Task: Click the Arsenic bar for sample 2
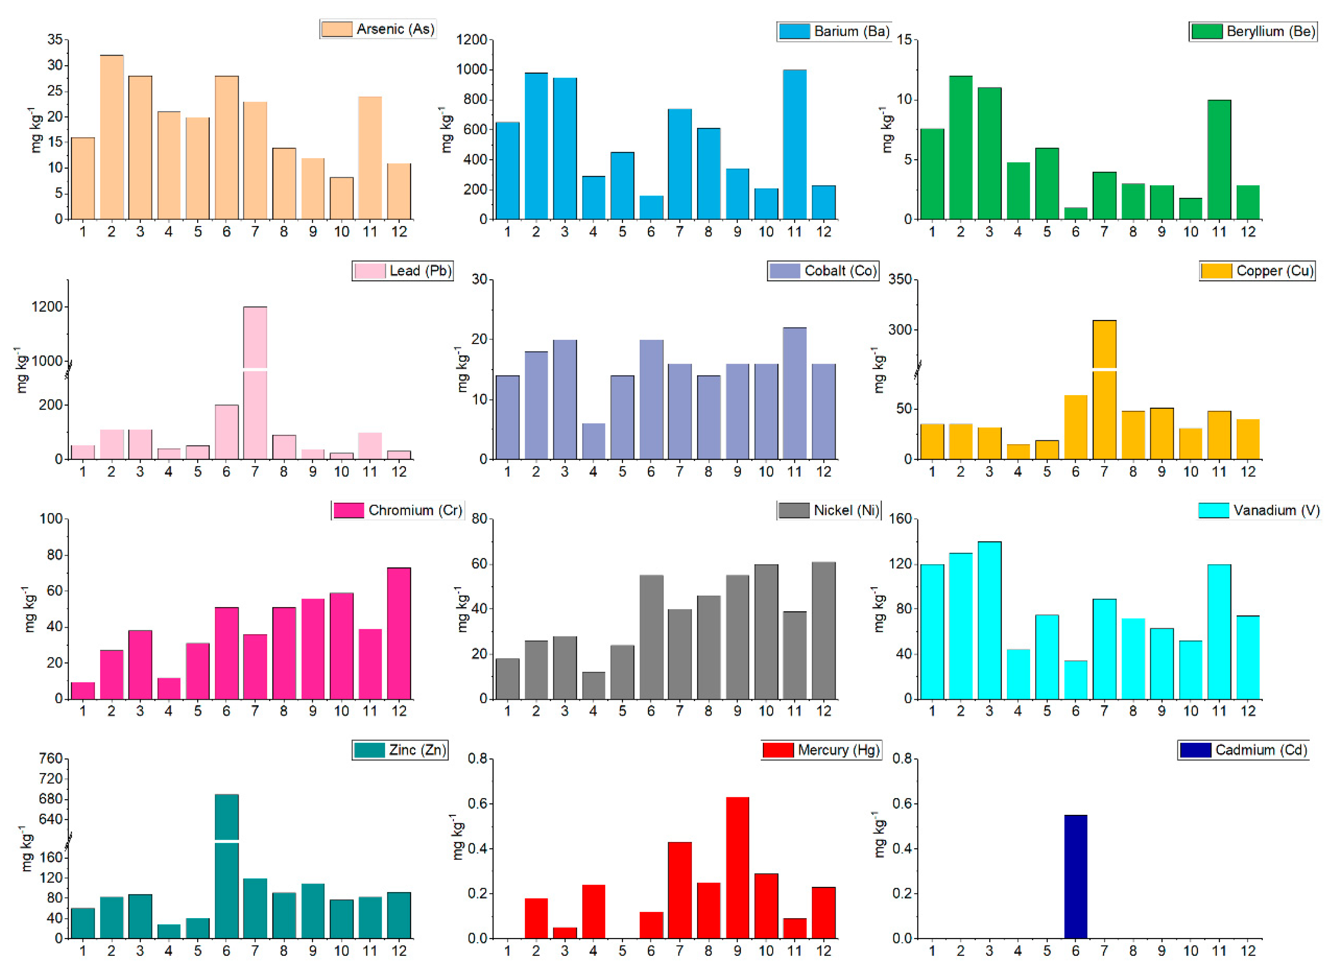[x=111, y=137]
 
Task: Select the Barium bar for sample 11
[x=794, y=145]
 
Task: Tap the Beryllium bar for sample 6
[x=1075, y=213]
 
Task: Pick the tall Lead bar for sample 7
[x=255, y=383]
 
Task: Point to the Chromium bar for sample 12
[x=399, y=633]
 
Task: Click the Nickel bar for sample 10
[x=766, y=632]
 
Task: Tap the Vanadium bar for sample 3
[x=989, y=620]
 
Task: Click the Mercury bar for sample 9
[x=737, y=867]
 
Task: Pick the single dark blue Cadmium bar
[x=1075, y=876]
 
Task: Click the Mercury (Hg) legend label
[x=838, y=749]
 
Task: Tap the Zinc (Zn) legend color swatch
[x=369, y=749]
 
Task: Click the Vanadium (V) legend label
[x=1276, y=510]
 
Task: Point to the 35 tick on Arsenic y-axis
[x=55, y=39]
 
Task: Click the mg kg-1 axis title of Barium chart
[x=447, y=130]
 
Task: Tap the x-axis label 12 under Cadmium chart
[x=1248, y=951]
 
